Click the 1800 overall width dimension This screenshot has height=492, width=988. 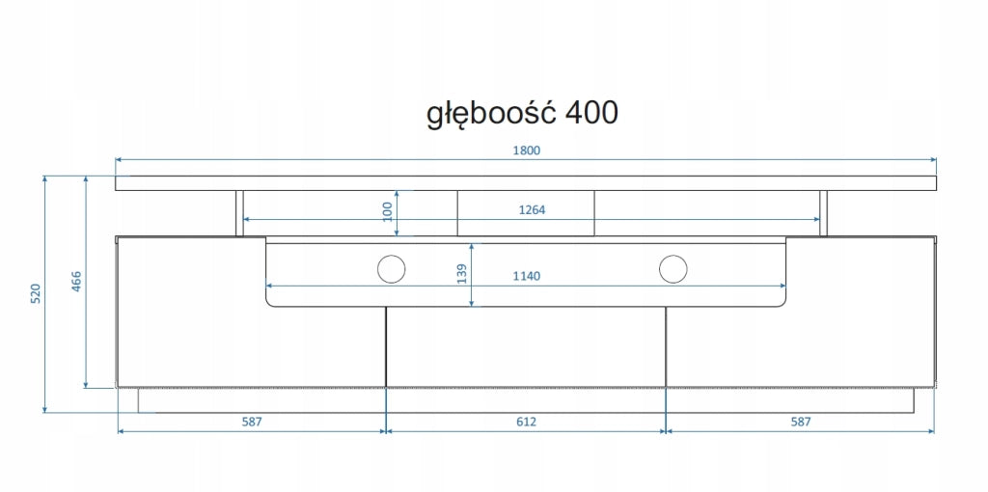[x=527, y=150]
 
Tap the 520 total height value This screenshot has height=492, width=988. [x=36, y=294]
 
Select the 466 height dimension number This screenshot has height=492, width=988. [x=77, y=283]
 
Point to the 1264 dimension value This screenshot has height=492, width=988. [x=532, y=210]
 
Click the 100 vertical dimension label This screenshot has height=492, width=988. [x=388, y=211]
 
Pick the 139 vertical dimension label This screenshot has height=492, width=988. [x=462, y=275]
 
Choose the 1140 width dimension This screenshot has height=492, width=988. [x=527, y=276]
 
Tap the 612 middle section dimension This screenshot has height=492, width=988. [x=526, y=423]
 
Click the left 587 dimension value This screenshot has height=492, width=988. [x=252, y=423]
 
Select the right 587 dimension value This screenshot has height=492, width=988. [x=800, y=423]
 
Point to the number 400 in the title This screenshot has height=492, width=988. [x=592, y=113]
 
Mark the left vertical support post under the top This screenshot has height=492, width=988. [x=239, y=213]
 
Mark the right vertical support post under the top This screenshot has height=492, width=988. [x=824, y=213]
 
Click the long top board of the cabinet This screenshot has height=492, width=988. [x=526, y=183]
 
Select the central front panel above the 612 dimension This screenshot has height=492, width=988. [x=526, y=346]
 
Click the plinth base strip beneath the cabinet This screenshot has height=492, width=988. [x=526, y=400]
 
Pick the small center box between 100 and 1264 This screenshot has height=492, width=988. [x=526, y=213]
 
